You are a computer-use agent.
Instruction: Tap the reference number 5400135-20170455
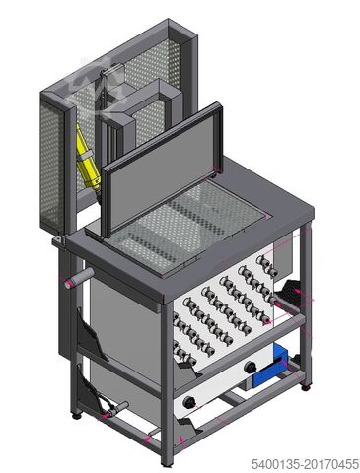point(306,464)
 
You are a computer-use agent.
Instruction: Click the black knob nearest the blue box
point(252,367)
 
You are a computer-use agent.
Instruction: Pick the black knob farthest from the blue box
point(189,401)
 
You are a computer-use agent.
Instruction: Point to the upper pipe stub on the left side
point(79,278)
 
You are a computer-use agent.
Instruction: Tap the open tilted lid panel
point(161,169)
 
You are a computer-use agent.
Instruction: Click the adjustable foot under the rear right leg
point(306,385)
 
